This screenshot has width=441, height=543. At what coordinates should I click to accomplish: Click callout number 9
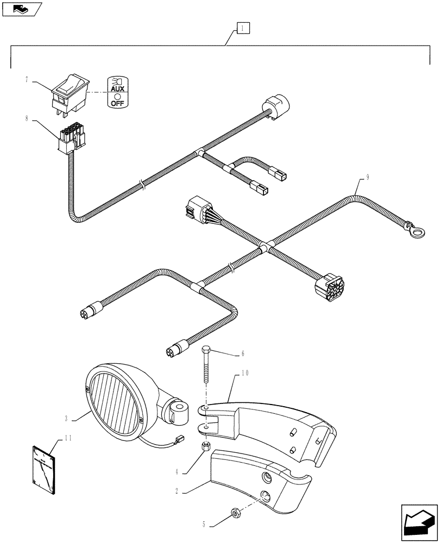[368, 176]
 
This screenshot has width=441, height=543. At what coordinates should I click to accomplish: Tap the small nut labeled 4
[206, 446]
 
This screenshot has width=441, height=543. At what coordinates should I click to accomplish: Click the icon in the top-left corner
[22, 9]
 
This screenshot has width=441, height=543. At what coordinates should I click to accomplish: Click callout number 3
[66, 418]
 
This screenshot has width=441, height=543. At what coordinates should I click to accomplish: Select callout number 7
[26, 80]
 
